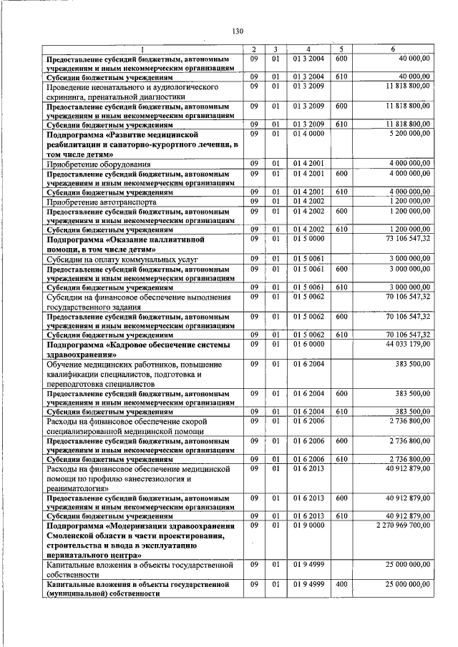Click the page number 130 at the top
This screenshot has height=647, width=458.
[238, 31]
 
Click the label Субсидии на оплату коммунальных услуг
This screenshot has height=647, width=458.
[117, 259]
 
